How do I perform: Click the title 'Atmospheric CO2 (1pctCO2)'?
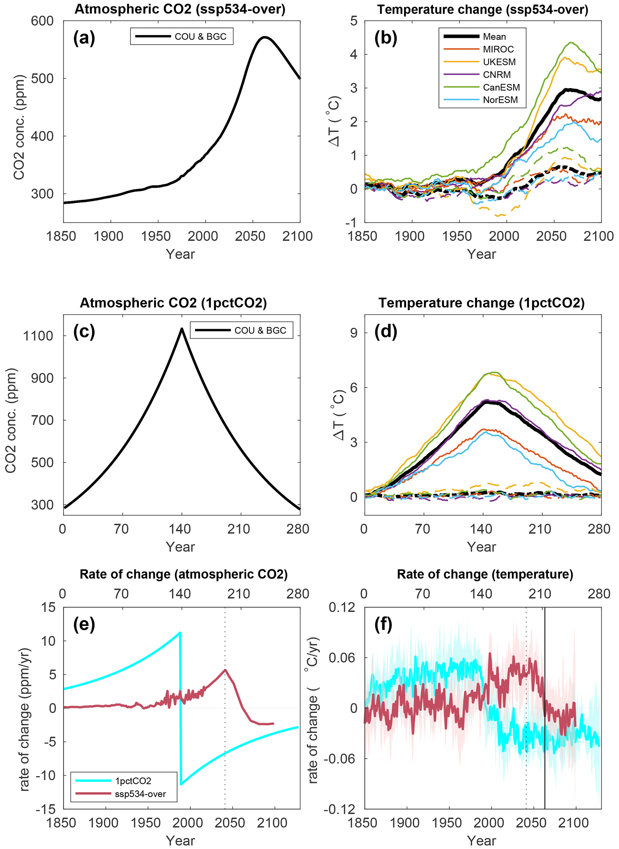173,303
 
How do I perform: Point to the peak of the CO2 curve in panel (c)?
182,329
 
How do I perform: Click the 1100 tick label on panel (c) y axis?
38,336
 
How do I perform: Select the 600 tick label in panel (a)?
42,21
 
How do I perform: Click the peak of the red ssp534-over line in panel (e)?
225,670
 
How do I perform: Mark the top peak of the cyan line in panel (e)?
180,633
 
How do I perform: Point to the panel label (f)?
383,625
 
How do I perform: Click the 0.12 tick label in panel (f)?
342,607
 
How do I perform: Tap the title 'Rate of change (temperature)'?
485,574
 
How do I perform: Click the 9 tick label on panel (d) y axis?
354,333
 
